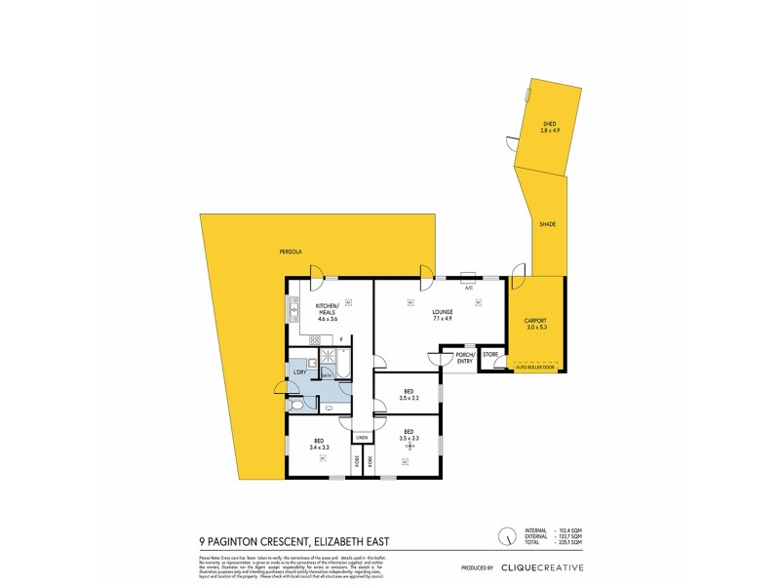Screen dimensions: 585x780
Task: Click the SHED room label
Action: pyautogui.click(x=550, y=124)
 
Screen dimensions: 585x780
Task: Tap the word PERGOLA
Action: pyautogui.click(x=290, y=252)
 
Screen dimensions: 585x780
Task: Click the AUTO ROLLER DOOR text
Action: pyautogui.click(x=536, y=370)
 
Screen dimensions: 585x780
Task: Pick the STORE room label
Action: pyautogui.click(x=490, y=355)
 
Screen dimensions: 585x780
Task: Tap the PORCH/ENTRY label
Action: pyautogui.click(x=464, y=358)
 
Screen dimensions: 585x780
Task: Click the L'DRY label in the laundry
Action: pyautogui.click(x=300, y=371)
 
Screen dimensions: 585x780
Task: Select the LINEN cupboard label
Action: pyautogui.click(x=361, y=438)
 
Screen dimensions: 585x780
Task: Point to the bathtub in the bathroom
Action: pyautogui.click(x=328, y=370)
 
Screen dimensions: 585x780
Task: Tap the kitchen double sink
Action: pyautogui.click(x=292, y=311)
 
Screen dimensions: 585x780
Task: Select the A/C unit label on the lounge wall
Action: pyautogui.click(x=468, y=288)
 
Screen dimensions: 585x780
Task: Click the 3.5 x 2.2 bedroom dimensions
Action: pyautogui.click(x=409, y=397)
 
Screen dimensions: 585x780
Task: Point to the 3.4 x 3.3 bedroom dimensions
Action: pyautogui.click(x=319, y=447)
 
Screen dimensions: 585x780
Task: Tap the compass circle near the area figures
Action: pyautogui.click(x=506, y=535)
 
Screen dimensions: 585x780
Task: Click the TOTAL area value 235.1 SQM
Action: pyautogui.click(x=568, y=539)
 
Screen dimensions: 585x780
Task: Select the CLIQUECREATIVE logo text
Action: pyautogui.click(x=542, y=566)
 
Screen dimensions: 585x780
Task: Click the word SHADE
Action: pyautogui.click(x=547, y=224)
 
